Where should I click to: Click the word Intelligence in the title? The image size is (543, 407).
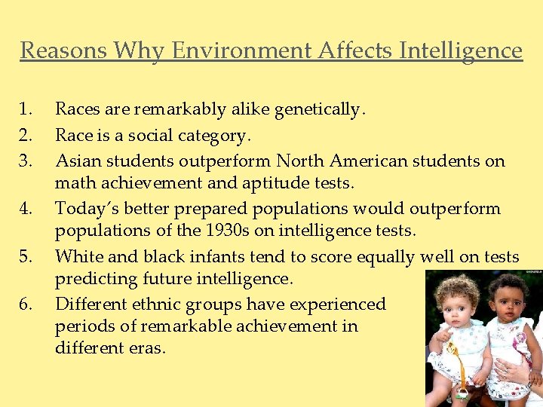click(461, 50)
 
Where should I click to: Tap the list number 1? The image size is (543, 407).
click(27, 110)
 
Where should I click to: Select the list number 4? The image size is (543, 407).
click(27, 208)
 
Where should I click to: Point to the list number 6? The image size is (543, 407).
click(27, 304)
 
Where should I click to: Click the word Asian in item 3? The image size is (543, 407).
click(78, 161)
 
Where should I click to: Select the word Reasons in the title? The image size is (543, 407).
click(64, 50)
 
